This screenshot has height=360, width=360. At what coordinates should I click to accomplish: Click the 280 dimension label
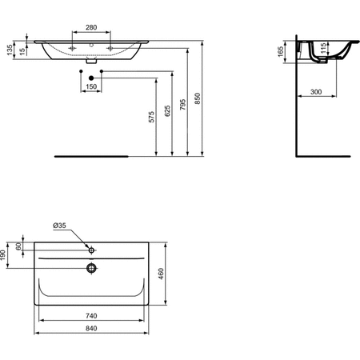click(91, 27)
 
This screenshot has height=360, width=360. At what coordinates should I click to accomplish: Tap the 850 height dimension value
click(198, 98)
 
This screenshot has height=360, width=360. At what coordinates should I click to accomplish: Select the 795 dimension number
click(182, 105)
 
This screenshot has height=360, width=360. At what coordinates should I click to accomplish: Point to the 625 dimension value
click(167, 111)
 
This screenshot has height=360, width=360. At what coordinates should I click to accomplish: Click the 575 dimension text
click(151, 117)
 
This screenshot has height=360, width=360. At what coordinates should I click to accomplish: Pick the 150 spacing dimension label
click(91, 86)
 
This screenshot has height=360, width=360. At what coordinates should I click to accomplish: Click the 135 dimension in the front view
click(10, 50)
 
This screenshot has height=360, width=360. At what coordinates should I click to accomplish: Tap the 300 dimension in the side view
click(316, 92)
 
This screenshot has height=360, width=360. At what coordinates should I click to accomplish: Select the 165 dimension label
click(280, 51)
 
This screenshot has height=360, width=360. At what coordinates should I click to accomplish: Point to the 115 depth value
click(323, 48)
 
